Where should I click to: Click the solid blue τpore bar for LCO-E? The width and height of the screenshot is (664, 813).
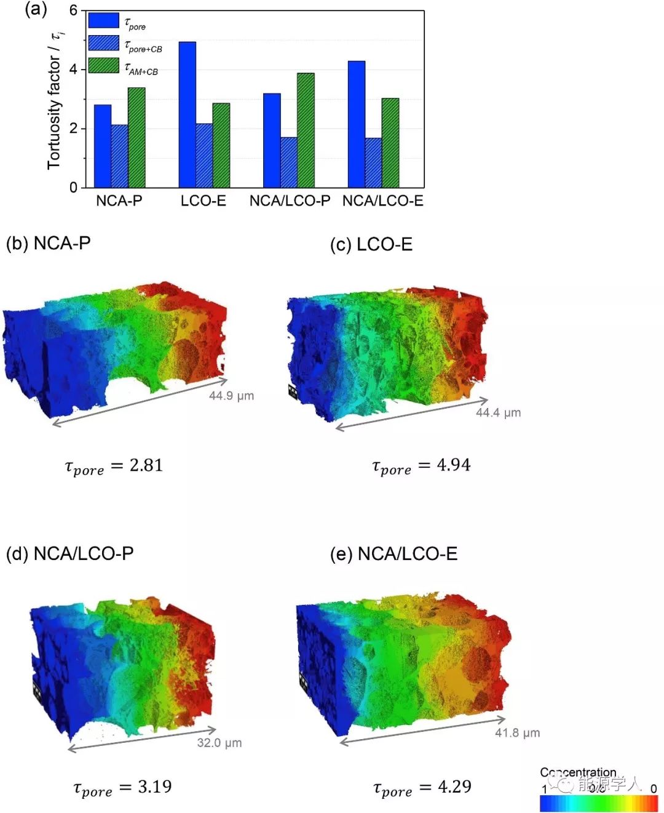click(x=188, y=114)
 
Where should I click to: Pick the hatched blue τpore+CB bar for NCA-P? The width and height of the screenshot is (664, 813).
click(x=119, y=156)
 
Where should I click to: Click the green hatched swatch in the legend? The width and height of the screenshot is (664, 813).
click(x=103, y=65)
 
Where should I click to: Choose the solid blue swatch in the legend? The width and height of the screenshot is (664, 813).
click(x=103, y=20)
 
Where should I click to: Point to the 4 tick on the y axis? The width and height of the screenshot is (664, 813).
click(x=74, y=70)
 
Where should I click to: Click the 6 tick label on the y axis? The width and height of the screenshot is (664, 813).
click(x=74, y=10)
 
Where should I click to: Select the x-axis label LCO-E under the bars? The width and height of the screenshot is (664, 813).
click(x=204, y=201)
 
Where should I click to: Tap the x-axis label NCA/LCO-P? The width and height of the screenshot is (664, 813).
click(x=290, y=201)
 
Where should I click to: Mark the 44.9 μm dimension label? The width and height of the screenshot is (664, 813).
click(x=231, y=396)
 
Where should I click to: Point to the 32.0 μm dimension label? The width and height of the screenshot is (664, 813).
click(x=219, y=743)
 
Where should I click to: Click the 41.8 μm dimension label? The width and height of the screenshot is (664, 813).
click(x=518, y=733)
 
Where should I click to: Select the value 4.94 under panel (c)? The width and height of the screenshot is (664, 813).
click(x=454, y=465)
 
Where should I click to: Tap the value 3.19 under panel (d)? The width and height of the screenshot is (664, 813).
click(x=154, y=787)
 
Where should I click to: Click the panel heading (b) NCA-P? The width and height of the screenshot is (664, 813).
click(x=49, y=243)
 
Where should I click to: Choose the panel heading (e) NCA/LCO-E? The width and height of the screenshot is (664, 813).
click(x=394, y=554)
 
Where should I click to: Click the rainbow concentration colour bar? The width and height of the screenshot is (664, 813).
click(x=599, y=803)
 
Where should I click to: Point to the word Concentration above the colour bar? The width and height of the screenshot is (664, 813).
click(x=578, y=772)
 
